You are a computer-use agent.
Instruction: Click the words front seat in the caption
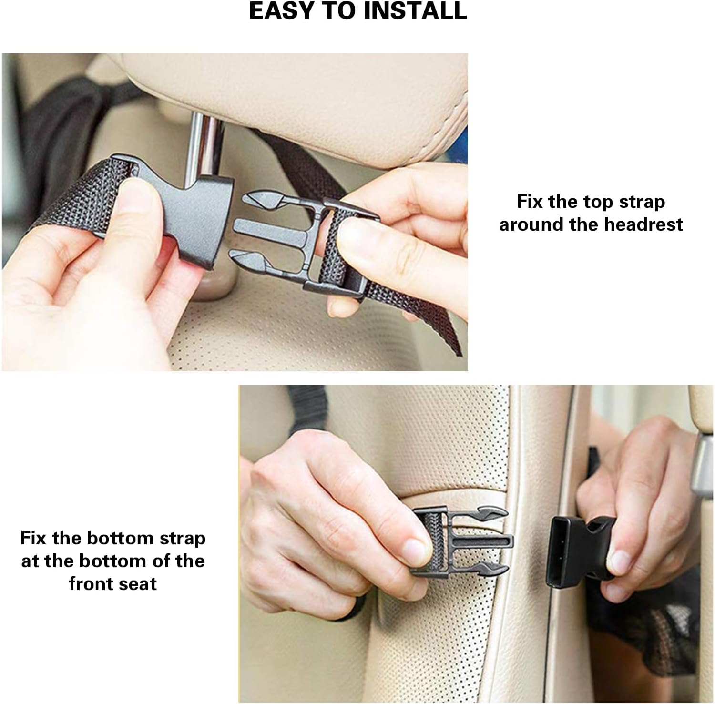113,584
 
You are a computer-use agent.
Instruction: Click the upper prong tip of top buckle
246,196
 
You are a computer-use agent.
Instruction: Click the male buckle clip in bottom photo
462,541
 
